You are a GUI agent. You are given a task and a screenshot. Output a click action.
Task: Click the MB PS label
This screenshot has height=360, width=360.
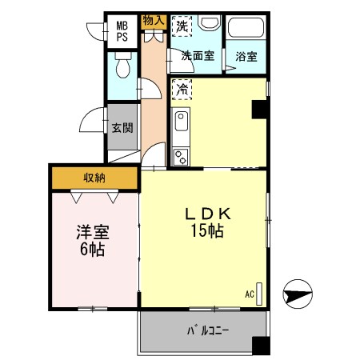point(122,30)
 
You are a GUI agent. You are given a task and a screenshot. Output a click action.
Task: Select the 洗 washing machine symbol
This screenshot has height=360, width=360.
point(182,26)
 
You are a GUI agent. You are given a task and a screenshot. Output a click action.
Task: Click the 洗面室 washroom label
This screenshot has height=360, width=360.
point(196,56)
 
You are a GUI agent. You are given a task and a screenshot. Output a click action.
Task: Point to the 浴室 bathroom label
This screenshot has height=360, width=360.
point(245,57)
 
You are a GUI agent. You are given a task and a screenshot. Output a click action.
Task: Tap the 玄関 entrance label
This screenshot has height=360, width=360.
point(122,128)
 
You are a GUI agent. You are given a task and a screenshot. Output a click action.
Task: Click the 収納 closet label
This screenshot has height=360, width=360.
point(94,177)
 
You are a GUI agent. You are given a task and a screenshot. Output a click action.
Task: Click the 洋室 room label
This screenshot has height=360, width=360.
point(93,233)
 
